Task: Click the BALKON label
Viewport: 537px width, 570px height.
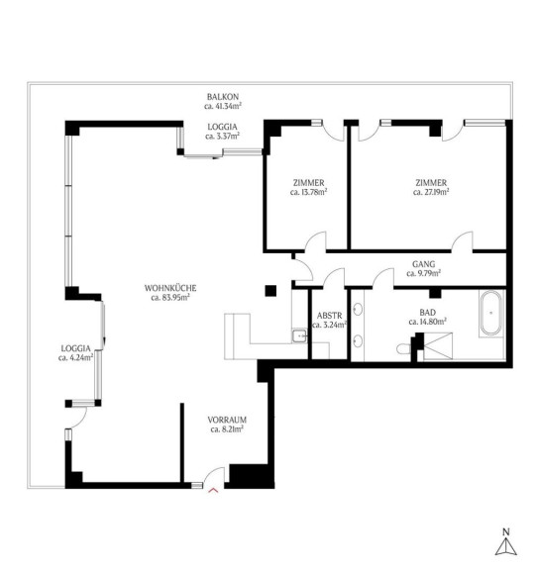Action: tap(223, 97)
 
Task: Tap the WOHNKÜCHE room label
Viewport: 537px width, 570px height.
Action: tap(170, 288)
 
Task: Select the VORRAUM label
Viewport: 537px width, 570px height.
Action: tap(227, 420)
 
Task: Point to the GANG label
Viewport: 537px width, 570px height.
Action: tap(423, 264)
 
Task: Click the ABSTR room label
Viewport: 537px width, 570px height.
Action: tap(330, 316)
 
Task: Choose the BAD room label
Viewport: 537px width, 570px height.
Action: tap(427, 313)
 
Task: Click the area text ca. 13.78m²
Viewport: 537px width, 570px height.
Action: tap(309, 192)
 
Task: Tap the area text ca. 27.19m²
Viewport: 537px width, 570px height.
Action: tap(431, 192)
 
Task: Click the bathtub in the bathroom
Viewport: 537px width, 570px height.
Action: tap(490, 313)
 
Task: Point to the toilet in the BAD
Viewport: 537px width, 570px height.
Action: tap(403, 349)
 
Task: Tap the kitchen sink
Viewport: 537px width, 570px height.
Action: tap(299, 335)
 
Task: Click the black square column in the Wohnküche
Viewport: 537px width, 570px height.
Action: tap(270, 291)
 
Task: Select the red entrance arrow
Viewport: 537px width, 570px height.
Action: tap(213, 491)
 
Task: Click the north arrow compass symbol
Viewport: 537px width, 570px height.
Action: tap(506, 546)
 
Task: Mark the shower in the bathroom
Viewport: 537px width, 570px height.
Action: tap(438, 346)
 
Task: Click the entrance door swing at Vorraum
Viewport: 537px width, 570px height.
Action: tap(214, 475)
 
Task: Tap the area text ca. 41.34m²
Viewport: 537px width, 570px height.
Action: tap(223, 106)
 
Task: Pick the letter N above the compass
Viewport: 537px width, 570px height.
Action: tap(506, 532)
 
